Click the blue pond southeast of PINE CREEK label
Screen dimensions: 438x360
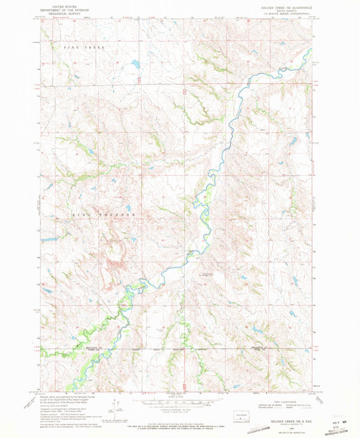pyautogui.click(x=134, y=65)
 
